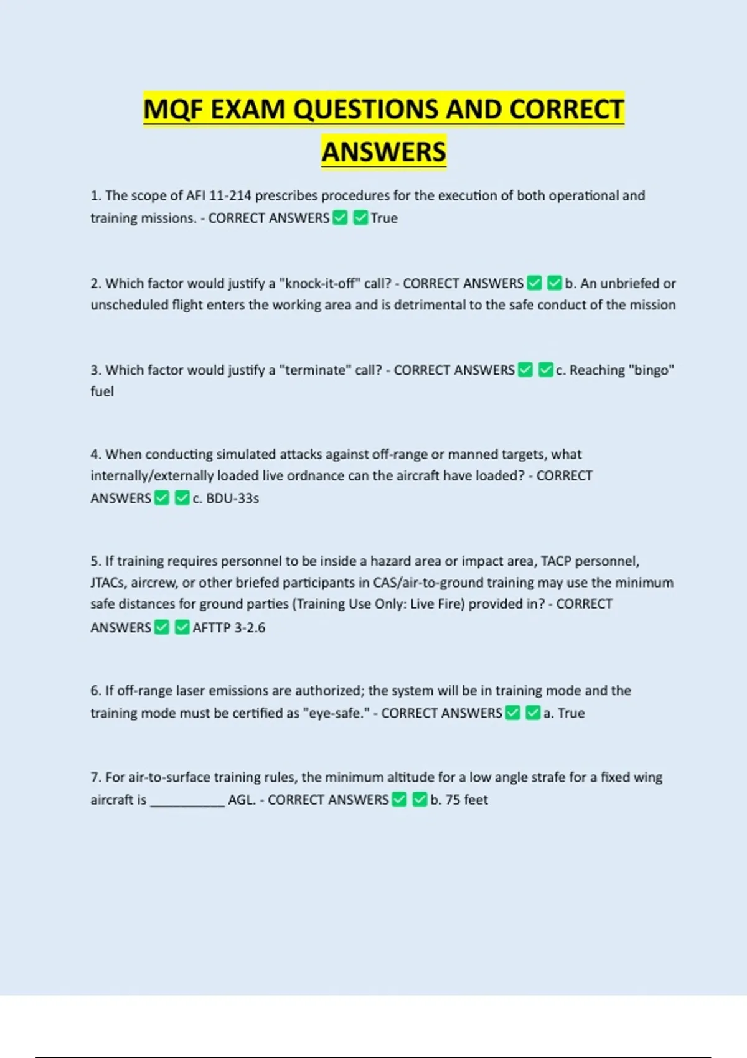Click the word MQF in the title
pos(174,110)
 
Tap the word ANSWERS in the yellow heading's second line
pos(383,152)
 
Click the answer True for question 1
pos(384,218)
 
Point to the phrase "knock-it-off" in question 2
pos(320,283)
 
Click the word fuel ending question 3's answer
pos(102,391)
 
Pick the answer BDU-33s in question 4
pos(232,498)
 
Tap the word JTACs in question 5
pos(108,583)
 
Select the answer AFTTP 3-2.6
pos(228,627)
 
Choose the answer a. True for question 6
pos(564,713)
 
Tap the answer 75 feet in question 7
pos(466,800)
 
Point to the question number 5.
pos(95,561)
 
